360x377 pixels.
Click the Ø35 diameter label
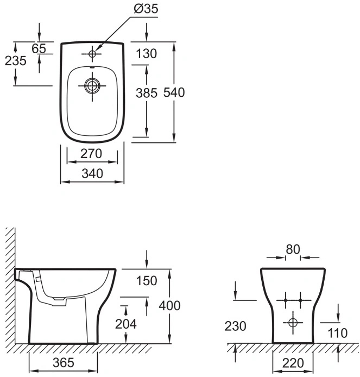click(x=146, y=9)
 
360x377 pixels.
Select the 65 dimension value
click(x=39, y=48)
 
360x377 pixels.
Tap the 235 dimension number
click(x=15, y=61)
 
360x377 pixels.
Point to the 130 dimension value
click(x=147, y=53)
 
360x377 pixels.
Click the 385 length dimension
click(x=147, y=93)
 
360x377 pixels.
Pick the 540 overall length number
click(x=174, y=92)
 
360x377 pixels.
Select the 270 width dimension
click(x=91, y=153)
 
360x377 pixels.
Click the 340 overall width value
click(x=92, y=173)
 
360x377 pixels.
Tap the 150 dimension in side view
click(x=147, y=281)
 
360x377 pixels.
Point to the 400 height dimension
click(x=169, y=306)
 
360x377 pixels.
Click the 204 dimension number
click(x=125, y=324)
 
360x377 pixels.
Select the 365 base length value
click(x=64, y=362)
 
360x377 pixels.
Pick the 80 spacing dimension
click(x=293, y=249)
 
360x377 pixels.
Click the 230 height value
click(x=235, y=326)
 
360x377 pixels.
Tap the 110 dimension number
click(x=337, y=333)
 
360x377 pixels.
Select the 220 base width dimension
click(x=293, y=363)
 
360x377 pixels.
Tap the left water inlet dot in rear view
click(x=285, y=300)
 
